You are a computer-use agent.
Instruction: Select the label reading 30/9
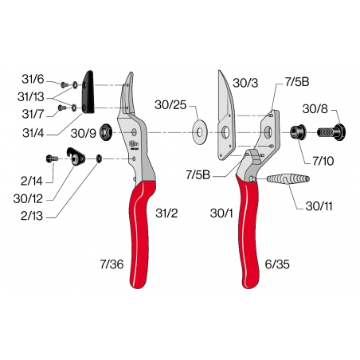(85, 133)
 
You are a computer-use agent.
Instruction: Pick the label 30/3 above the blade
(245, 82)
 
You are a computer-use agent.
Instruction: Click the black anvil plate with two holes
(90, 92)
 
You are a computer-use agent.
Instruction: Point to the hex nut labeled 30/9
(106, 134)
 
